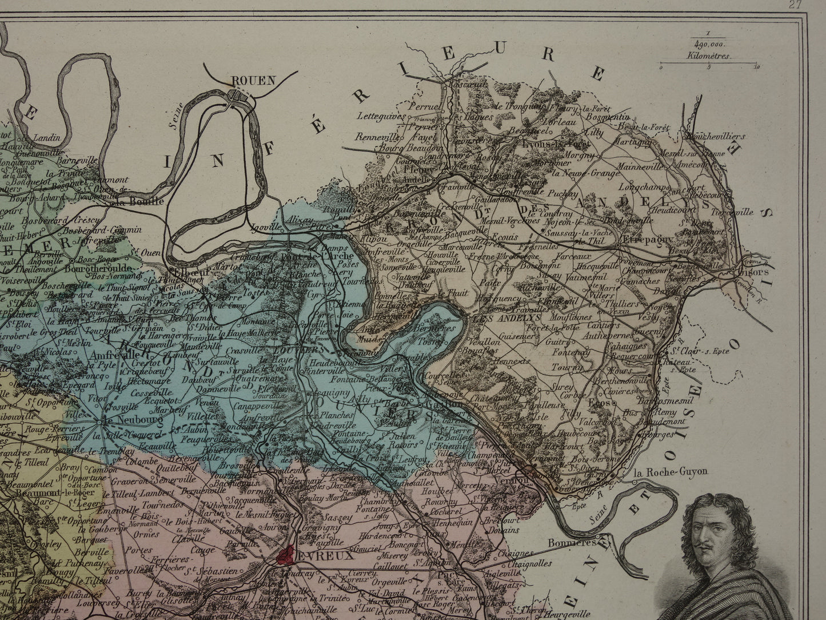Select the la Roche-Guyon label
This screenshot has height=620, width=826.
point(671,472)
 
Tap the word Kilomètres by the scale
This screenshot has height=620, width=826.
point(713,57)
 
